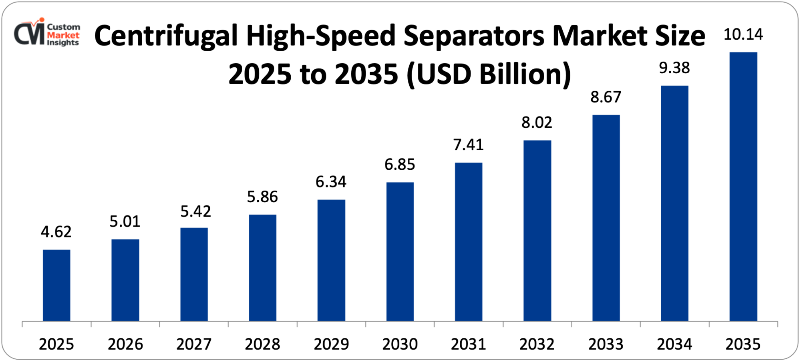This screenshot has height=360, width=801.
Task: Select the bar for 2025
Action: pyautogui.click(x=56, y=285)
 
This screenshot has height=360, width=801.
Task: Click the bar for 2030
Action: pyautogui.click(x=400, y=251)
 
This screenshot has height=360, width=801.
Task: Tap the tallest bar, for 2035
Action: pyautogui.click(x=743, y=186)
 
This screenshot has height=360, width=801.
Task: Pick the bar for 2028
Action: pyautogui.click(x=262, y=267)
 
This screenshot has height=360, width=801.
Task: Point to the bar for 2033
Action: pyautogui.click(x=606, y=218)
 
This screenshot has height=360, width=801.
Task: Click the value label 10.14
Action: pyautogui.click(x=743, y=34)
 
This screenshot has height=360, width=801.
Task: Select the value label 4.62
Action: pyautogui.click(x=56, y=232)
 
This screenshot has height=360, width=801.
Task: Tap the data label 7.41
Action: pyautogui.click(x=468, y=145)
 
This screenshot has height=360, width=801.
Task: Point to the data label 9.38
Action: pyautogui.click(x=674, y=68)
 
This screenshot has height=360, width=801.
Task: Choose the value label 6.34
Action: pyautogui.click(x=331, y=182)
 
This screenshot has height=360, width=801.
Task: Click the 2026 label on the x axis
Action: pyautogui.click(x=125, y=344)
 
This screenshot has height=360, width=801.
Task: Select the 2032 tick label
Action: pyautogui.click(x=537, y=344)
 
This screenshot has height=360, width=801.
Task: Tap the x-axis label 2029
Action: pyautogui.click(x=331, y=344)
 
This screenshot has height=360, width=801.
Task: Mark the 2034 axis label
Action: pyautogui.click(x=674, y=344)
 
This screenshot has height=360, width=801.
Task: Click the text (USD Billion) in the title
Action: pyautogui.click(x=489, y=74)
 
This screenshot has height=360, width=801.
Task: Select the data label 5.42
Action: pyautogui.click(x=195, y=211)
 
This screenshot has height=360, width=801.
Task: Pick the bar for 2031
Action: pyautogui.click(x=469, y=241)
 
